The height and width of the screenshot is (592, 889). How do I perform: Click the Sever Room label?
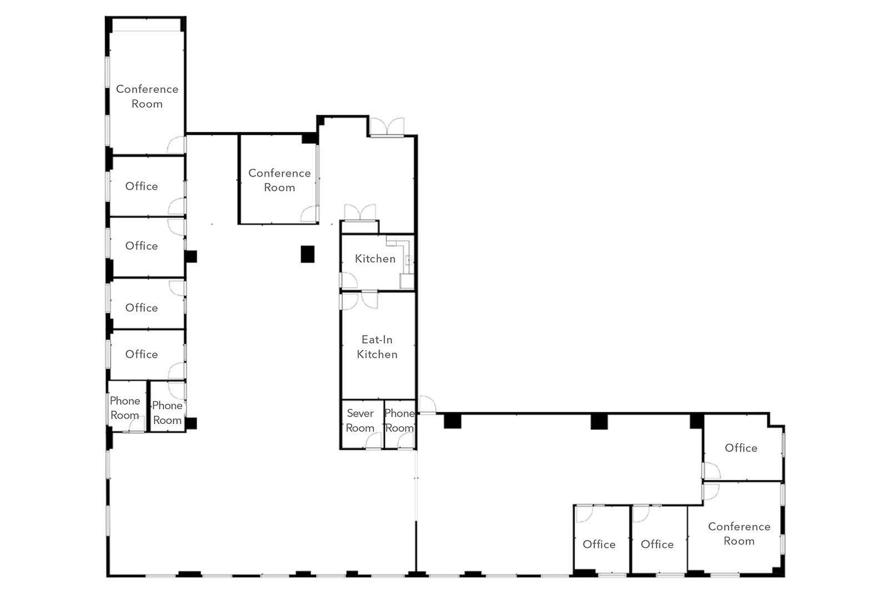click(360, 420)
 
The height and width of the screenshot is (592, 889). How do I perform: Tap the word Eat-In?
click(377, 340)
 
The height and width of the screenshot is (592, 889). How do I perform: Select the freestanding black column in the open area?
click(308, 254)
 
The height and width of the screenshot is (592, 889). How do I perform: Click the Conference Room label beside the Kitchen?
click(279, 180)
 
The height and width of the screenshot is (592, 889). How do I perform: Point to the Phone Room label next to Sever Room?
click(399, 420)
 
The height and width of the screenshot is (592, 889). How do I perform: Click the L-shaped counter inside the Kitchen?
click(405, 258)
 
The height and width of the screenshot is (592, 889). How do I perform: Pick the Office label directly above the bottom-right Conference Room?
click(741, 448)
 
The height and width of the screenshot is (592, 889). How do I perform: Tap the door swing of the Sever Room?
click(373, 441)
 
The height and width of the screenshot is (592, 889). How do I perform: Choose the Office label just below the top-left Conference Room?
click(141, 186)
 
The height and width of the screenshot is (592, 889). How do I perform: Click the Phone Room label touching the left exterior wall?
click(124, 408)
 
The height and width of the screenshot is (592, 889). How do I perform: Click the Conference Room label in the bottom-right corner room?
click(739, 534)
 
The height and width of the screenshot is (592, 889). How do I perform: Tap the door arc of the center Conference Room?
click(309, 214)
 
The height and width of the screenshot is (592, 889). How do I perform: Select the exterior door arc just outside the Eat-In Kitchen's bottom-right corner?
click(428, 405)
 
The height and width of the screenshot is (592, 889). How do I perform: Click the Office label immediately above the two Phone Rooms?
click(141, 354)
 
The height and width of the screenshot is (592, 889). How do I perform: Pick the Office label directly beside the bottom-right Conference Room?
click(657, 544)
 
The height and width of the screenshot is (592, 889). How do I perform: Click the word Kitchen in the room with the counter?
click(375, 259)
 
